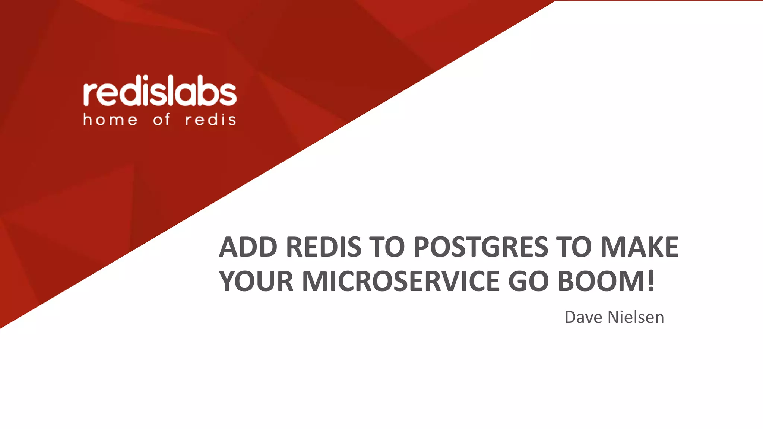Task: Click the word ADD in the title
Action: click(x=248, y=247)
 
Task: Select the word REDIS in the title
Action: click(x=324, y=247)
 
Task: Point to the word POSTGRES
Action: click(x=481, y=247)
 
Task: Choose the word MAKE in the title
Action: click(x=639, y=247)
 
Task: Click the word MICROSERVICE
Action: click(x=401, y=281)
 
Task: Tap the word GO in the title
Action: click(x=528, y=281)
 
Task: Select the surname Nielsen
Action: click(x=636, y=317)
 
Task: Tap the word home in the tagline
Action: click(x=110, y=120)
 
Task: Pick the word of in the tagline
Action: click(x=162, y=120)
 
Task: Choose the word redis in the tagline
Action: click(x=210, y=120)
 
